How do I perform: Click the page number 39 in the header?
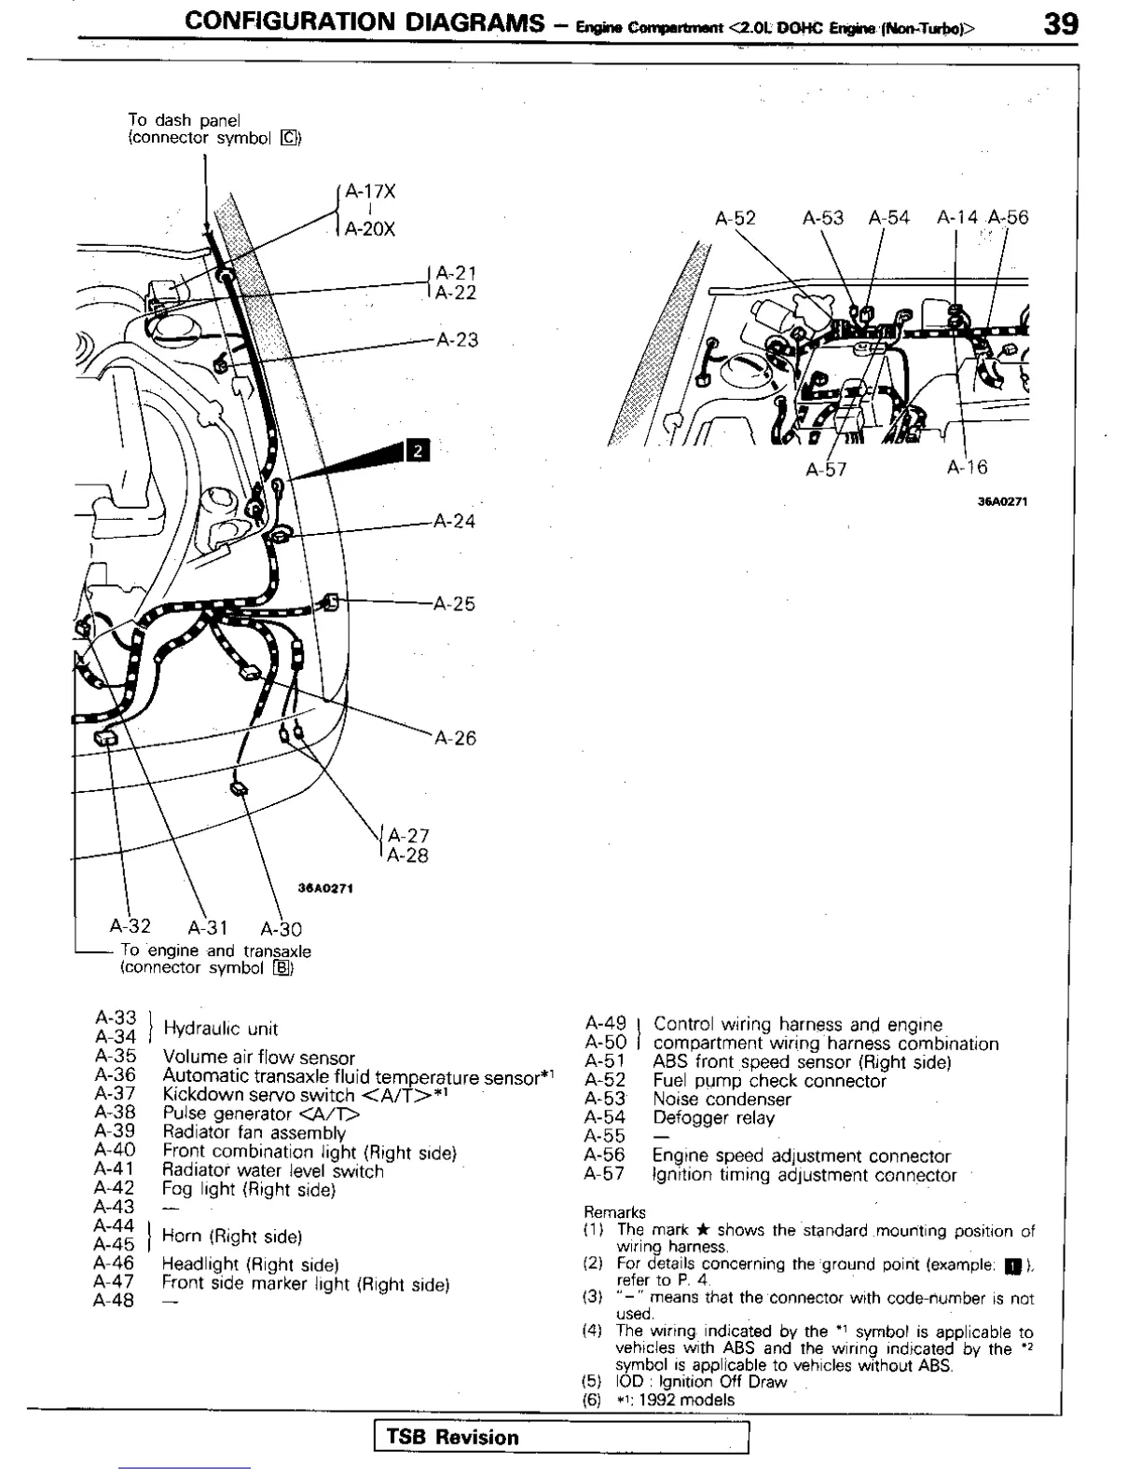pos(1061,23)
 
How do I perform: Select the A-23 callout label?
pos(457,340)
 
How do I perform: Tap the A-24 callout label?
pos(454,521)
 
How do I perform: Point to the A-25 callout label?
pos(454,604)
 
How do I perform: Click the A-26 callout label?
pos(455,739)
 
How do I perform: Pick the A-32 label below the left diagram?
pos(130,926)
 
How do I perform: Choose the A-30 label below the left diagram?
pos(282,929)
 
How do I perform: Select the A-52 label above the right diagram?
pos(735,218)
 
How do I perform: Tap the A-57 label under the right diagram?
pos(826,470)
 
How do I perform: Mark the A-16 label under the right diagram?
pos(967,468)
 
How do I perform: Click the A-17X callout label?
pos(370,192)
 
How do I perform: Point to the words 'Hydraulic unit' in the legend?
pos(220,1029)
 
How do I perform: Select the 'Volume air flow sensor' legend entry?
pos(258,1058)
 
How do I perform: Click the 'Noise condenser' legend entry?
pos(722,1100)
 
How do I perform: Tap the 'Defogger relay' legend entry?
pos(713,1118)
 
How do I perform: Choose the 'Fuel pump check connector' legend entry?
pos(769,1081)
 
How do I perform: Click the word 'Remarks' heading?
pos(614,1212)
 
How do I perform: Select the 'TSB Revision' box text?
pos(453,1438)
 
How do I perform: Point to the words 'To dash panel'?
pos(184,120)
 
